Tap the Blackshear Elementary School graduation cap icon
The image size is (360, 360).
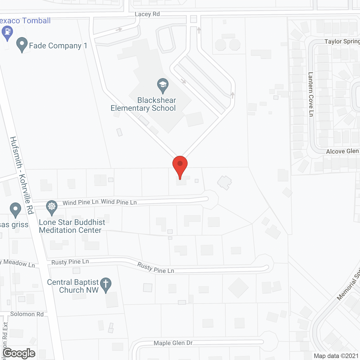point(163,85)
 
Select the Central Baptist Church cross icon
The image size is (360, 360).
point(106,284)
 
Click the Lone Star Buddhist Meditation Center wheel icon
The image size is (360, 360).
point(52,207)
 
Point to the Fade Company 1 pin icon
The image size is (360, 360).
point(22,44)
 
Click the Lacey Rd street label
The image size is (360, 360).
point(147,14)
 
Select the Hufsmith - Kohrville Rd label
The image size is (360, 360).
point(22,175)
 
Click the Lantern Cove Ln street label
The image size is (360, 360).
point(311,94)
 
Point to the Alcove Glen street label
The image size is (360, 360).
point(342,151)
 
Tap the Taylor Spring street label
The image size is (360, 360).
point(342,42)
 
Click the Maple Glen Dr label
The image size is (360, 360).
point(173,343)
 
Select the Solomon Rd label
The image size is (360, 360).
point(27,314)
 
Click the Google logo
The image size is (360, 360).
point(19,353)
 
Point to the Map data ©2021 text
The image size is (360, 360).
point(336,356)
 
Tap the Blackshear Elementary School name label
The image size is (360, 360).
point(143,104)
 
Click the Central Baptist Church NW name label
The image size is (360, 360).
point(73,286)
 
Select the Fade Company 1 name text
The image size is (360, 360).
point(58,46)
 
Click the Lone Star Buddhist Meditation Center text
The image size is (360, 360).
point(72,226)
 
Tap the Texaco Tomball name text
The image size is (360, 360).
point(25,21)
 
